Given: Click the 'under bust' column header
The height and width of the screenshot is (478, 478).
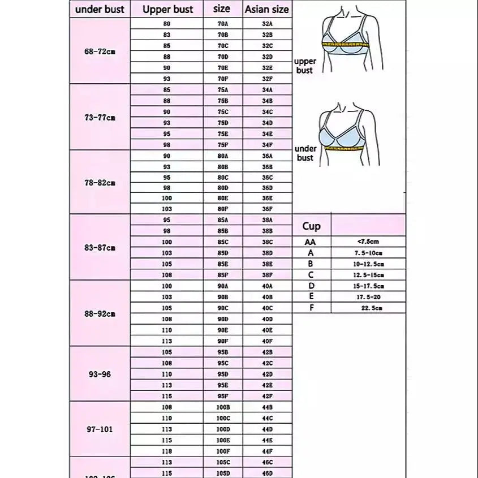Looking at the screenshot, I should tap(100, 9).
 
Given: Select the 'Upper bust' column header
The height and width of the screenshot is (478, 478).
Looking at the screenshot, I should tap(167, 9).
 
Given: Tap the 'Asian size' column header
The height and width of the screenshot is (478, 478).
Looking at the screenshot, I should tap(267, 9).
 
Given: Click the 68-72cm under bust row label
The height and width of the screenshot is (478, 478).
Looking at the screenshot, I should tap(100, 51).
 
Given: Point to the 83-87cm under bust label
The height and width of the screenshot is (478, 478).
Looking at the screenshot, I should tap(100, 247).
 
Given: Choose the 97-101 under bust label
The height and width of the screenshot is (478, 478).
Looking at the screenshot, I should tap(100, 429).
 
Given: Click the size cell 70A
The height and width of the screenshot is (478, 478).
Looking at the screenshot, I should tap(223, 24).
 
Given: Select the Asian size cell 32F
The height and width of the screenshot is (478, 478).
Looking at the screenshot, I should tap(268, 79).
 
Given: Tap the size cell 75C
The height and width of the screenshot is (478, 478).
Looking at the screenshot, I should tap(223, 111).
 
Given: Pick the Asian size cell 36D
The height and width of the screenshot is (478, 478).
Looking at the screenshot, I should tap(268, 188).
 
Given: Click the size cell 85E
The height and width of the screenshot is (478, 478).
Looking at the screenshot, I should tap(223, 264).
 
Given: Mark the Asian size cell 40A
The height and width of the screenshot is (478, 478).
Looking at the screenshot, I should tap(268, 286).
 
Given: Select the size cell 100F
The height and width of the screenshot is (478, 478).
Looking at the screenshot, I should tap(223, 451).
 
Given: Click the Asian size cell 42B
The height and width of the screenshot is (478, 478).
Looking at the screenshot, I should tap(268, 352).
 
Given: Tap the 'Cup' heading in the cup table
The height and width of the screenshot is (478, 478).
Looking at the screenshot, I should tap(311, 226).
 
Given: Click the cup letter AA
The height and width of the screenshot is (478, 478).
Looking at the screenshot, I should tap(311, 242).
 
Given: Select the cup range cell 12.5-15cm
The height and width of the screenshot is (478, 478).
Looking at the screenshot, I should tap(368, 275).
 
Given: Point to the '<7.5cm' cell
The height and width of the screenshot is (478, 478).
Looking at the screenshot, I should tap(368, 242).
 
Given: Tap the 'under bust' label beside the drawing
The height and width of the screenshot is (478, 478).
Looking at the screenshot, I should tap(305, 153).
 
